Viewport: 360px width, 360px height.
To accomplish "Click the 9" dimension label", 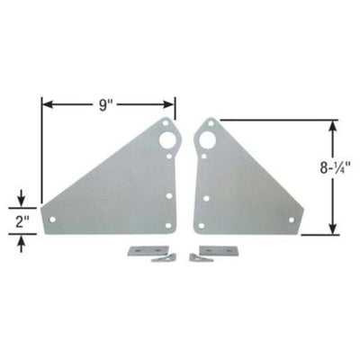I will pyautogui.click(x=107, y=105).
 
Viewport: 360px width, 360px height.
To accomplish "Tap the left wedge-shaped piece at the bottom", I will pyautogui.click(x=163, y=258).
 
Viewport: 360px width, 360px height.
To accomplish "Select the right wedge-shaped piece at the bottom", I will pyautogui.click(x=196, y=258).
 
